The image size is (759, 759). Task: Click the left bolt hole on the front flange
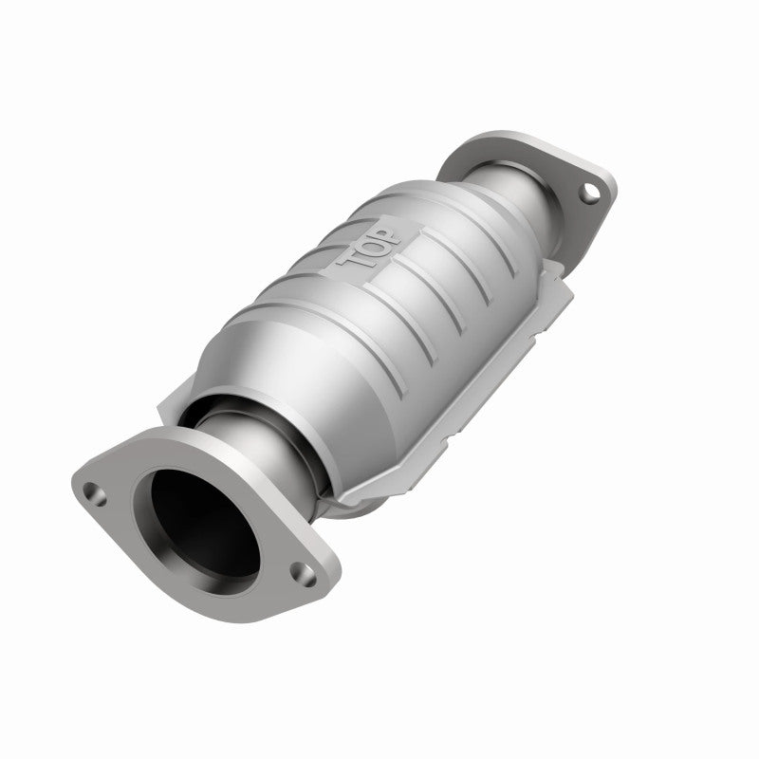click(92, 491)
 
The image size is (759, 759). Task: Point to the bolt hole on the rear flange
click(590, 193)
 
